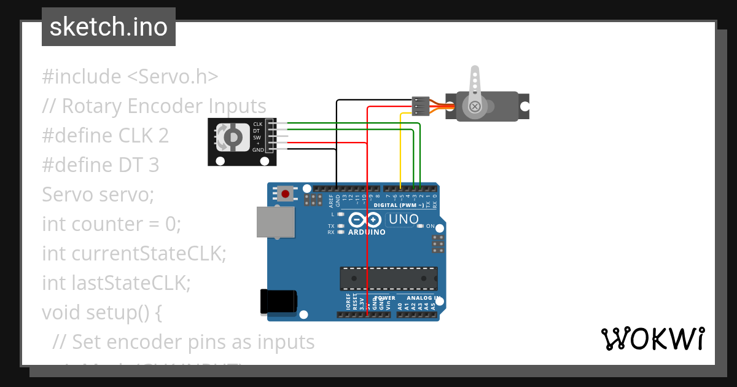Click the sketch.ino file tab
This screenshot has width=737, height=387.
tap(109, 27)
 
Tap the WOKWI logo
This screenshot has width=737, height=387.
tap(652, 339)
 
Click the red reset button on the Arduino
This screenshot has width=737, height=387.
tap(285, 194)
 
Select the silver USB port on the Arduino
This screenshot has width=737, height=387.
tap(275, 222)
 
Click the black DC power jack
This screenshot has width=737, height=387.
tap(278, 302)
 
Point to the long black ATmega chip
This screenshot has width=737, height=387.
tap(389, 278)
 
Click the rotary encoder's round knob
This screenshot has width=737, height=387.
tap(232, 137)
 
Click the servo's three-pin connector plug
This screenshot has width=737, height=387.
tap(420, 106)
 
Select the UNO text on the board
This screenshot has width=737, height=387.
tap(404, 219)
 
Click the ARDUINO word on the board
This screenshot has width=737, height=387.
tap(367, 233)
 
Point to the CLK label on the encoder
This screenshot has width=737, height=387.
tap(257, 124)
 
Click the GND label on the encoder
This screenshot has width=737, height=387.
tap(258, 150)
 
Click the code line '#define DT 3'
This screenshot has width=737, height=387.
tap(100, 165)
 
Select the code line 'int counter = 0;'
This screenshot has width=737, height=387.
tap(111, 224)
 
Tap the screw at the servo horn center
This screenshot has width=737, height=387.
tap(474, 107)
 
